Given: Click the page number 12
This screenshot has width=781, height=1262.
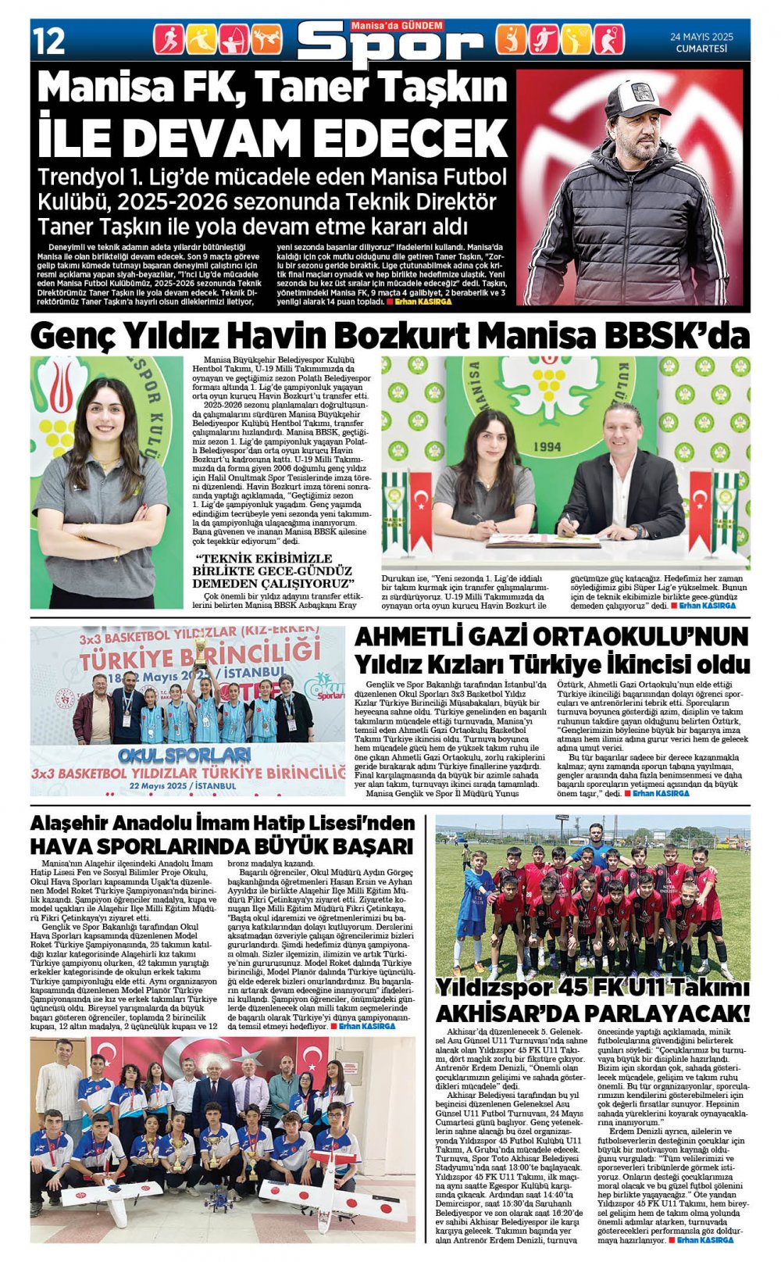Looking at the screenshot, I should click(49, 41).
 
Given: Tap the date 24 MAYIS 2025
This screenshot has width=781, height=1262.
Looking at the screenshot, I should click(701, 37).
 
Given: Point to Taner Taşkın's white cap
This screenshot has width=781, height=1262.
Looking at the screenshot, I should click(637, 98).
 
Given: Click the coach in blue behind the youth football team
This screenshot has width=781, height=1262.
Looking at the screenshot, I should click(597, 845).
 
